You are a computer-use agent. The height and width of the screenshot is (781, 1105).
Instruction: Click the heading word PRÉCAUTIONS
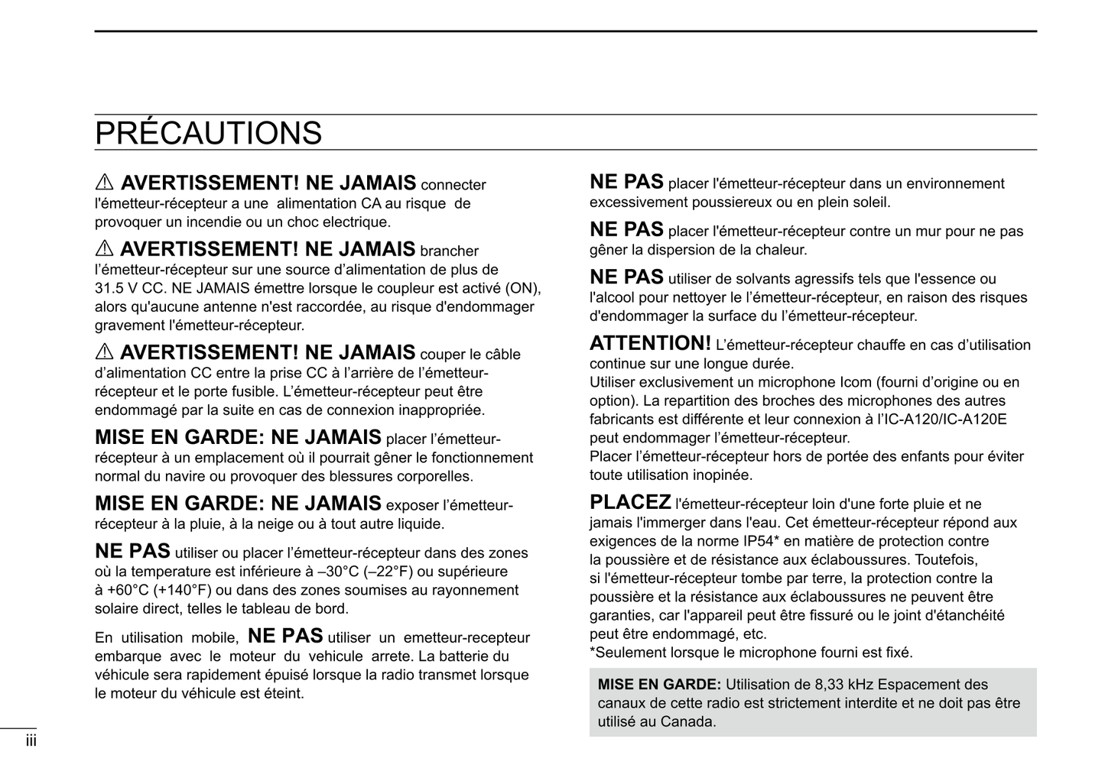pos(208,133)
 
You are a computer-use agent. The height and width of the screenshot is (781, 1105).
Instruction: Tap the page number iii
pos(31,740)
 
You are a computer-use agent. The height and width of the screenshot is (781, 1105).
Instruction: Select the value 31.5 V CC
pos(129,289)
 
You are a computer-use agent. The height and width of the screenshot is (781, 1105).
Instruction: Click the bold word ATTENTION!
pos(650,344)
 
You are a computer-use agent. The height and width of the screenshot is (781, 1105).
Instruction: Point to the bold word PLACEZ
pos(630,503)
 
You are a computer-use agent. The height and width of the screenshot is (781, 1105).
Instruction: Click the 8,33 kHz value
pos(836,685)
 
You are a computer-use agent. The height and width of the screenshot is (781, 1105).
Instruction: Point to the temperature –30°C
pos(337,572)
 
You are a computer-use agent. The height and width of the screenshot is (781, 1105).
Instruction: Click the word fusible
pos(252,392)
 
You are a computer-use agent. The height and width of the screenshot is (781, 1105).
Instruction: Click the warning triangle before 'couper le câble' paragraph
pos(104,353)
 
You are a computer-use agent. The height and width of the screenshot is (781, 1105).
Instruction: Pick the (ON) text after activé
pos(523,289)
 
